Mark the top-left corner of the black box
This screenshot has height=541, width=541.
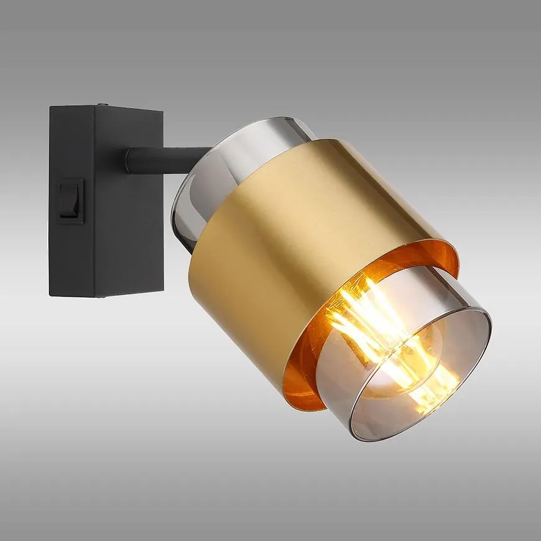tap(51, 107)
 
